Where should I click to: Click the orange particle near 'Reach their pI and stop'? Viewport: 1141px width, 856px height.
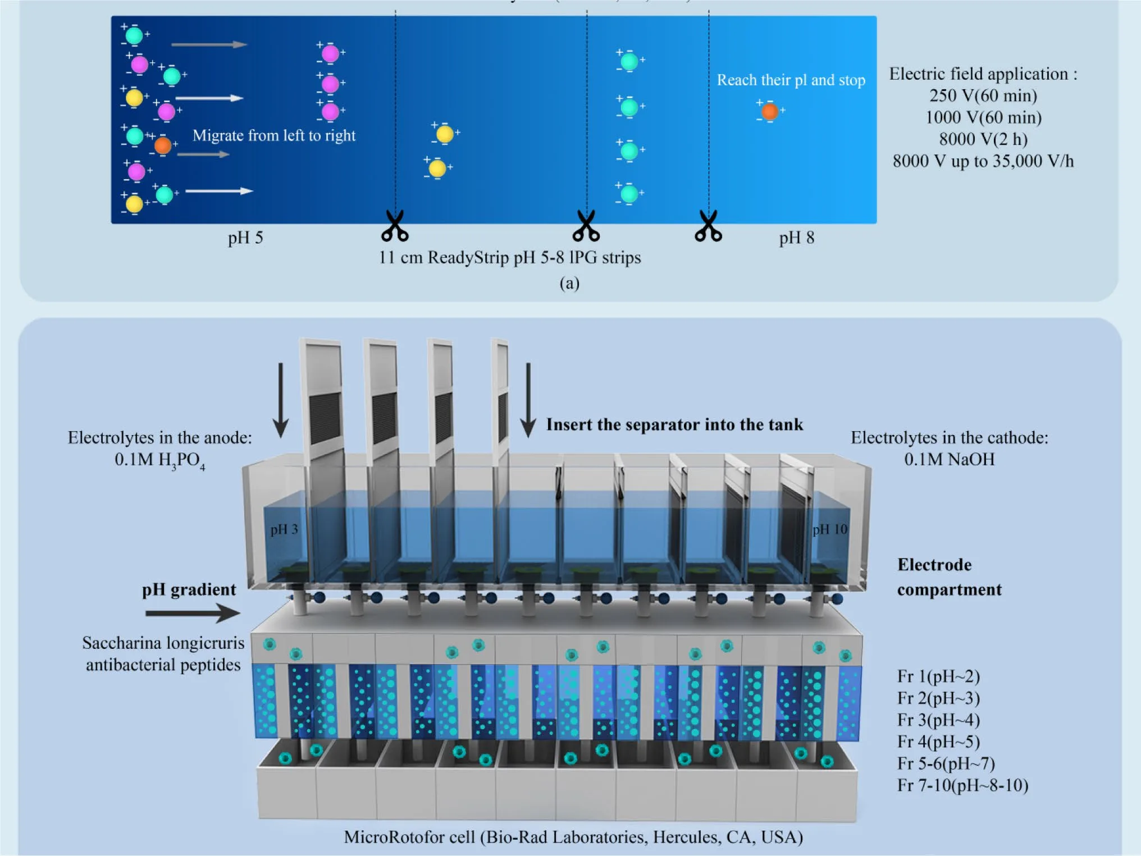(x=769, y=112)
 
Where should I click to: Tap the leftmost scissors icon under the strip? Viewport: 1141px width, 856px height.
(x=395, y=226)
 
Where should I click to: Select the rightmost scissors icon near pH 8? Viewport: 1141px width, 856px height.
(x=708, y=226)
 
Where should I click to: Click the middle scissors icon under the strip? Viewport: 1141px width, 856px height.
(x=586, y=226)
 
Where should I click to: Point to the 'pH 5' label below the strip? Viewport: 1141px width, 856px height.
(x=245, y=238)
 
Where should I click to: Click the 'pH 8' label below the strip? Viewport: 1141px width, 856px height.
(x=796, y=238)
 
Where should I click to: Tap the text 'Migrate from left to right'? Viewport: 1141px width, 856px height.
(x=274, y=136)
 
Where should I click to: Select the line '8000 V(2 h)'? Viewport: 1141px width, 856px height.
(x=983, y=139)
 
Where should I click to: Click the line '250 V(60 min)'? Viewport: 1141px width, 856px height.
(x=983, y=95)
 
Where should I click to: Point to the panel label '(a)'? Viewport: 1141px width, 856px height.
(x=569, y=283)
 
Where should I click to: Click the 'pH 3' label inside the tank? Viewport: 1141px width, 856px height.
(x=284, y=529)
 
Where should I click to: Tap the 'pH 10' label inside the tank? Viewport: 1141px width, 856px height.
(x=829, y=529)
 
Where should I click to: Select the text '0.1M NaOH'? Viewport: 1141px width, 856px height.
(x=949, y=460)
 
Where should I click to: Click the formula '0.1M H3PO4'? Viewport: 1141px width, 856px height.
(x=159, y=461)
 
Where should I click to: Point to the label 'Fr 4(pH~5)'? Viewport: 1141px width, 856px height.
(x=938, y=742)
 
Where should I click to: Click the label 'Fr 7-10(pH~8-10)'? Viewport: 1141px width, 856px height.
(x=962, y=785)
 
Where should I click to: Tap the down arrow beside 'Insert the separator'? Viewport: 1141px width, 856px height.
(x=528, y=400)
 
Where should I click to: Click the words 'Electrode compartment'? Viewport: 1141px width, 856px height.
(x=949, y=577)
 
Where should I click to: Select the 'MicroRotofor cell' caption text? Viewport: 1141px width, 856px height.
(x=573, y=837)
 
